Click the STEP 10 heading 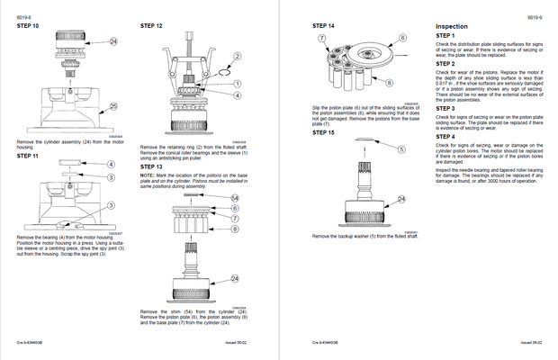pos(29,26)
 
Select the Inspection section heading pos(452,26)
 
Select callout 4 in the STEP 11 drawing pos(111,165)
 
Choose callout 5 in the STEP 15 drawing pos(401,149)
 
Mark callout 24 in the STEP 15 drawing pos(401,199)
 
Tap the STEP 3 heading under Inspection pos(445,108)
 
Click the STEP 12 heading pos(152,26)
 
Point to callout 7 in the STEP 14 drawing pos(321,40)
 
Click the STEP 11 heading pos(29,156)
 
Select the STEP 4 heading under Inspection pos(445,137)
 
